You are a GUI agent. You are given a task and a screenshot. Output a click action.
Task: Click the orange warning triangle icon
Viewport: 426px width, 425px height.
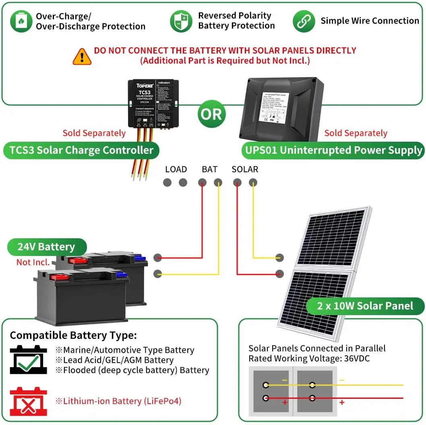(82, 56)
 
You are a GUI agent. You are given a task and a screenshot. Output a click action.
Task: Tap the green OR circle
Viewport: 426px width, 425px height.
(211, 114)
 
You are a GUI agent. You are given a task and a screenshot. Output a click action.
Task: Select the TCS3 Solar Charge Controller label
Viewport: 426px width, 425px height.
(81, 151)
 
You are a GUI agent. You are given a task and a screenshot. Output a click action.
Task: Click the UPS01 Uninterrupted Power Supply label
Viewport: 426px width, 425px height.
(333, 151)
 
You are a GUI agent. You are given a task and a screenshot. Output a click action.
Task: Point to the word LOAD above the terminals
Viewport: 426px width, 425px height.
(176, 169)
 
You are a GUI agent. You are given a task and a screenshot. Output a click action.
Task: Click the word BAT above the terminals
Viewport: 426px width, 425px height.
(209, 169)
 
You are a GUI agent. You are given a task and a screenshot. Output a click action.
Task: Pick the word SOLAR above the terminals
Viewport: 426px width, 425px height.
(245, 169)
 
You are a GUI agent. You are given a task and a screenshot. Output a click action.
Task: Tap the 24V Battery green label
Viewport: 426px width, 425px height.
(46, 247)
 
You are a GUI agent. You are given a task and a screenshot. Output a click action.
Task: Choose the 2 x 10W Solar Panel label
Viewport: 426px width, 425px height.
(365, 306)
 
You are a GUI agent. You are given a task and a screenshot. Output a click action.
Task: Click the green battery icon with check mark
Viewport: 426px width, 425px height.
(28, 359)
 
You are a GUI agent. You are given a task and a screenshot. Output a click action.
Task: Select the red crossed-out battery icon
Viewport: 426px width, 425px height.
(28, 401)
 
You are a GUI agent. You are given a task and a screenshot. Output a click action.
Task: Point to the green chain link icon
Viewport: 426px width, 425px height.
(304, 21)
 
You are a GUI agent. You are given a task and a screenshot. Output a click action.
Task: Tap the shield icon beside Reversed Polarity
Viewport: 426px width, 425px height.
(181, 21)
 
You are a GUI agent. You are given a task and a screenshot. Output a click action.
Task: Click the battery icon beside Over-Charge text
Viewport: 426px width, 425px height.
(21, 21)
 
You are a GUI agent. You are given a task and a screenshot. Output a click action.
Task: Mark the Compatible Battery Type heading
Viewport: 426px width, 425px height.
(73, 335)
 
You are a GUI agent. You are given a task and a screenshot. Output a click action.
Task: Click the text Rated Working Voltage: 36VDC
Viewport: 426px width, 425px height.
(309, 358)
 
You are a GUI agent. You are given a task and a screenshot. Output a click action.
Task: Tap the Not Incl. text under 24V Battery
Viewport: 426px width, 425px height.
(33, 262)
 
